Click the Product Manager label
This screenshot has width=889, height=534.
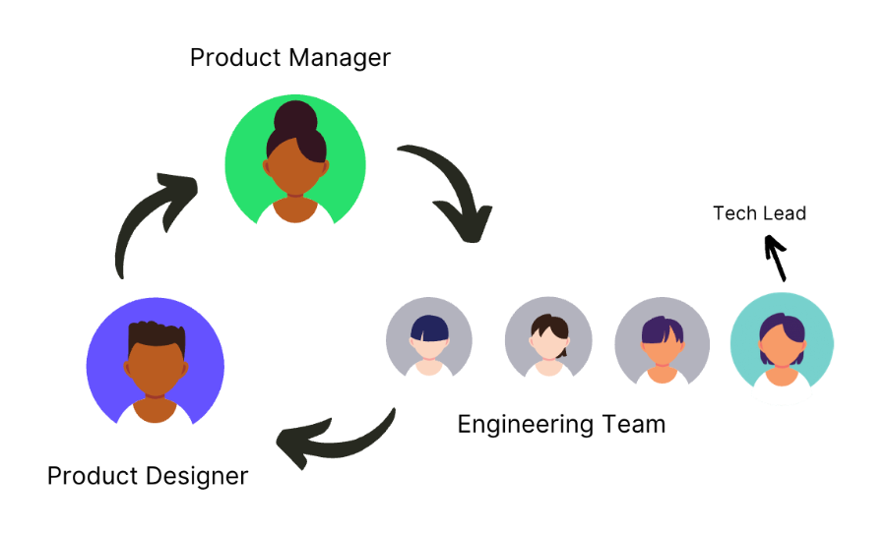pos(289,58)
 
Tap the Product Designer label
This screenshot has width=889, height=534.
pos(148,477)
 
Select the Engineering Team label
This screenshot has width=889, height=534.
pos(561,425)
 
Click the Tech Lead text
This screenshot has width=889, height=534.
pos(759,213)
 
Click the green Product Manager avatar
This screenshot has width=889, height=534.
pos(295,163)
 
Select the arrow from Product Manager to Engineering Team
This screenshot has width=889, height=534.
pos(448,192)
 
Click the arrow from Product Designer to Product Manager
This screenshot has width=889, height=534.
pos(148,221)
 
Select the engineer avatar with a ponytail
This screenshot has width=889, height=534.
pos(547,339)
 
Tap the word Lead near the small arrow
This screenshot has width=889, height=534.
pos(786,213)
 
